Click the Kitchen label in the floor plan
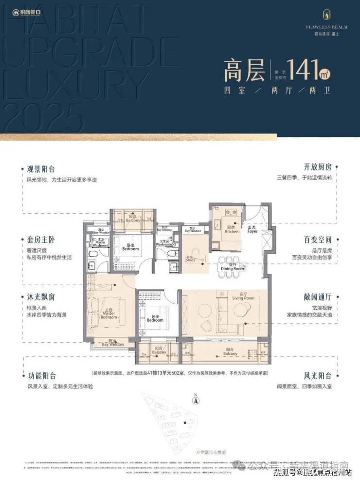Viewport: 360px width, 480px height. click(232, 230)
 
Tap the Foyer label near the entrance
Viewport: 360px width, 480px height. click(252, 230)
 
